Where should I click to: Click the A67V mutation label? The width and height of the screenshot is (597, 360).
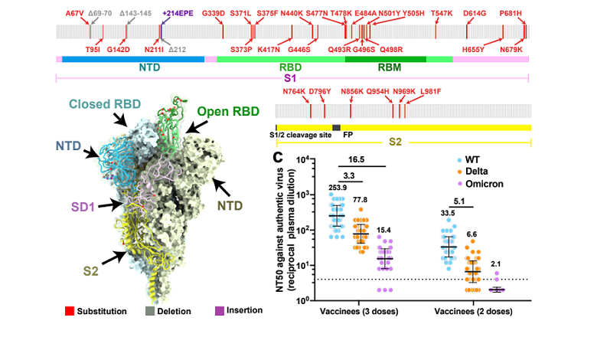point(75,13)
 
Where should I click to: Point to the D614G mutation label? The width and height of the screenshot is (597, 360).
point(475,13)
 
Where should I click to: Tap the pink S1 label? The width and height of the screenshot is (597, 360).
point(291,78)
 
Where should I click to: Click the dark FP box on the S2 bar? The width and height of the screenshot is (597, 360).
point(336,126)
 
